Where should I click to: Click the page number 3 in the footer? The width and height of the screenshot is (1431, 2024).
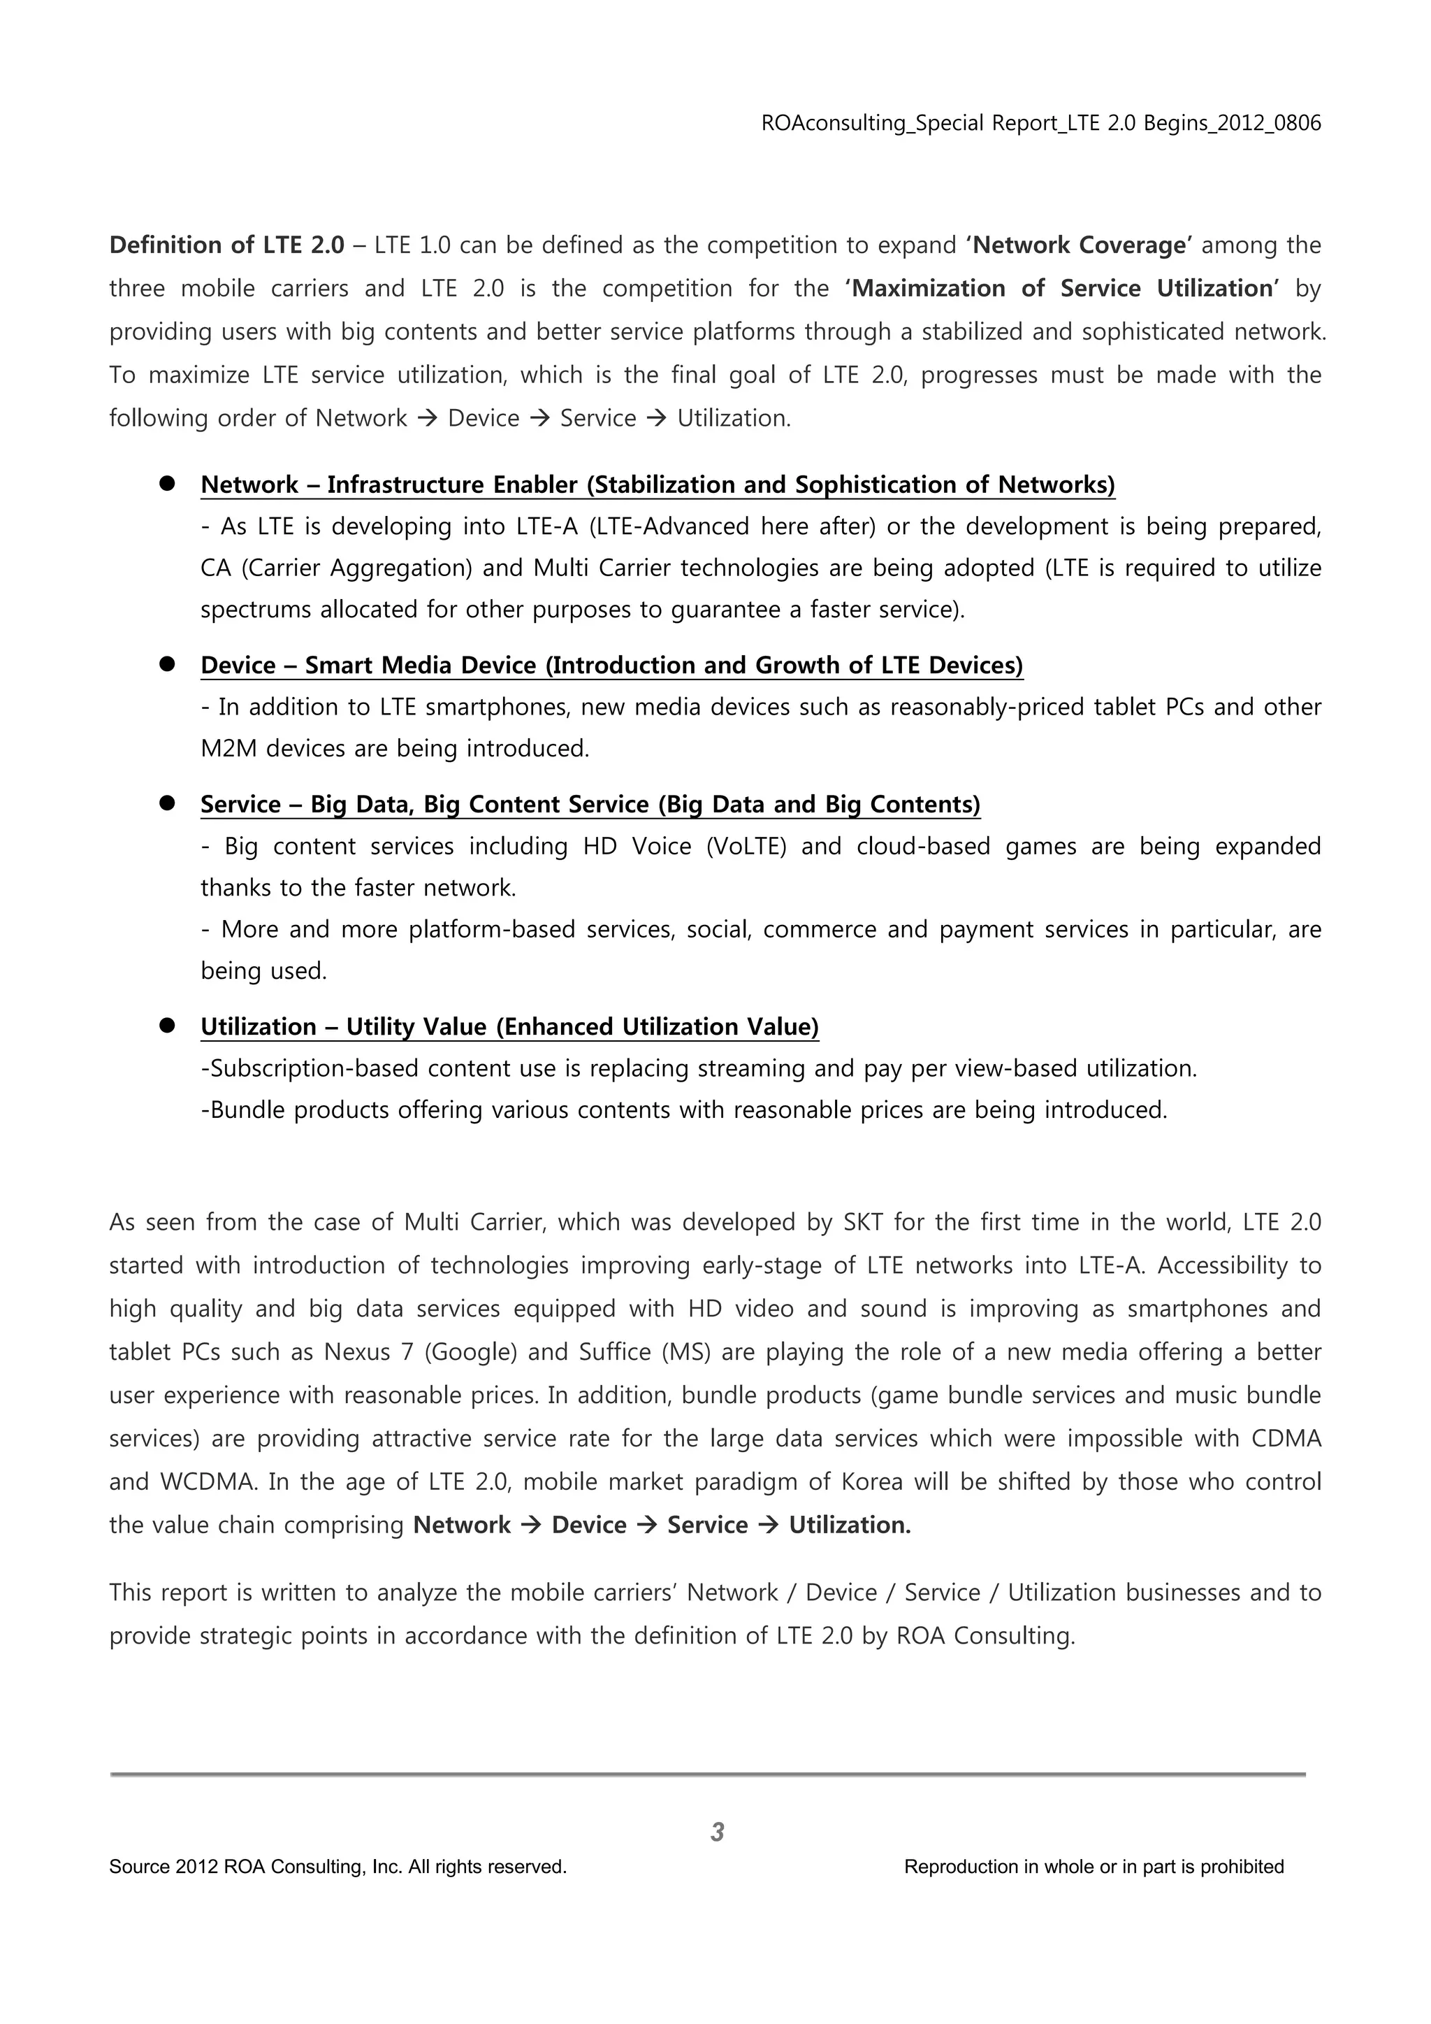coord(716,1832)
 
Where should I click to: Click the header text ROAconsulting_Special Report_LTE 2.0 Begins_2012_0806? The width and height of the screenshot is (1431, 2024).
coord(1040,124)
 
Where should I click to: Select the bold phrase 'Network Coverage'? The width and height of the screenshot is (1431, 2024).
coord(1079,245)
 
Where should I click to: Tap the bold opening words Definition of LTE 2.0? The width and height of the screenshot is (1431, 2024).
coord(226,245)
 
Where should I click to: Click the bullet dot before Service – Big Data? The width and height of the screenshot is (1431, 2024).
coord(166,803)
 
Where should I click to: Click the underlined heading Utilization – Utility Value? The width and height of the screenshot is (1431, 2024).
coord(509,1027)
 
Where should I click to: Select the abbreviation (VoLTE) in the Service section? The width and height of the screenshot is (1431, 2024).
coord(746,846)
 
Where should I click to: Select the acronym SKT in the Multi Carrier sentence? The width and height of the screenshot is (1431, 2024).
coord(863,1222)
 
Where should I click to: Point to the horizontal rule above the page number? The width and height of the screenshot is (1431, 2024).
coord(708,1774)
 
